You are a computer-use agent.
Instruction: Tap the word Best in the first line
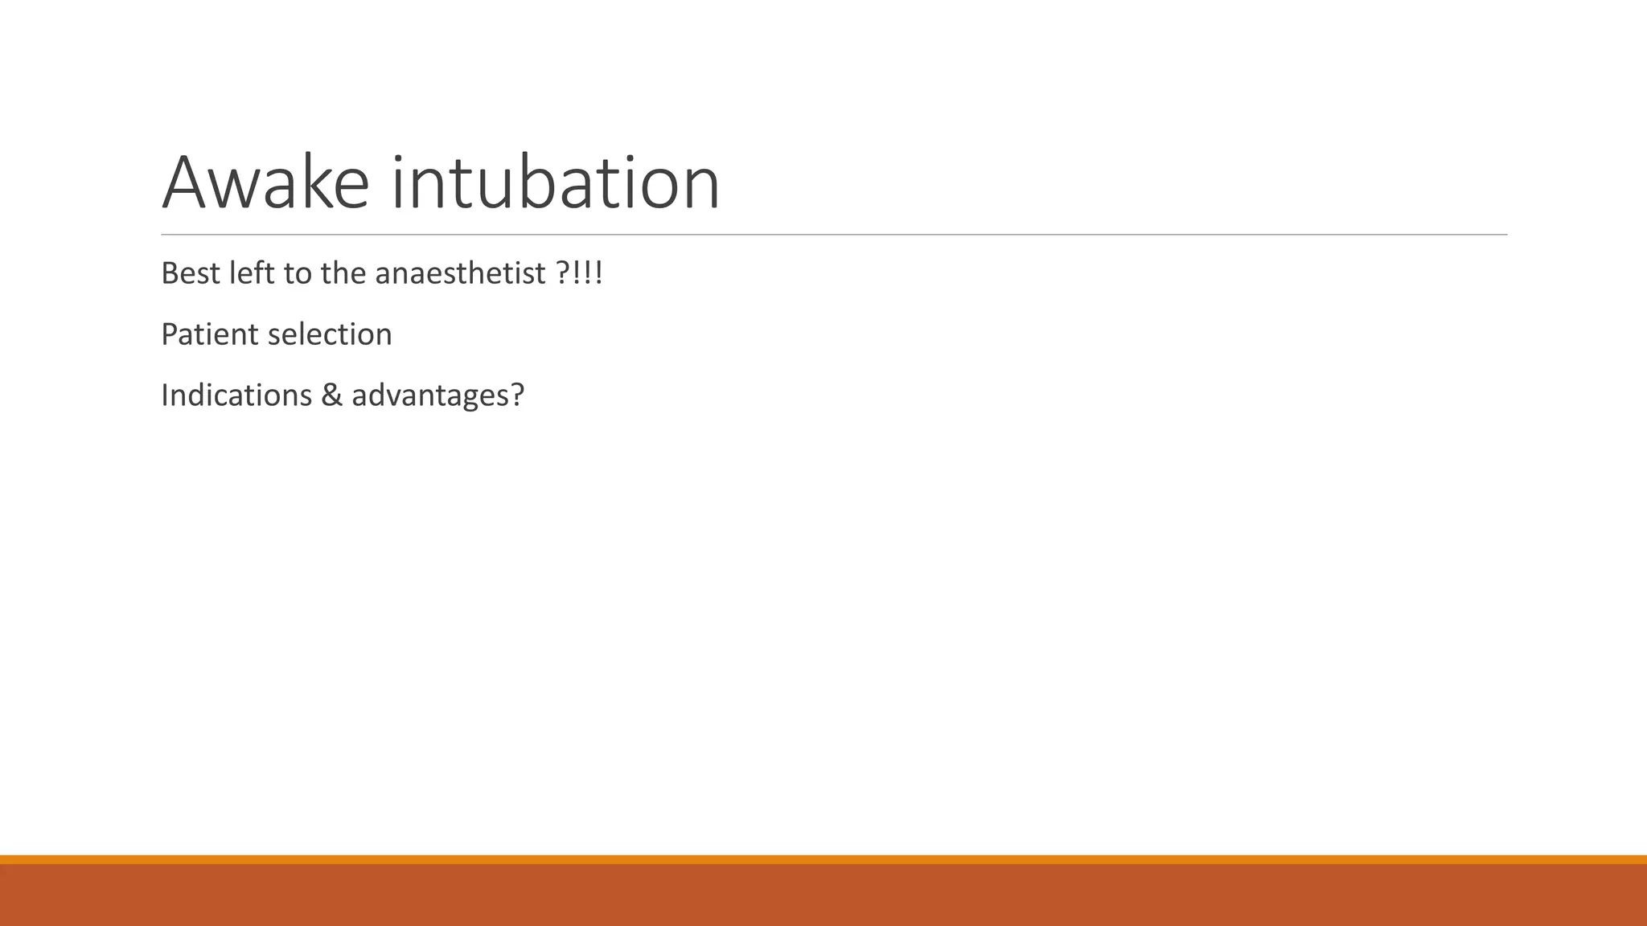tap(191, 273)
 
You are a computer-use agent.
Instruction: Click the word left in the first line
tap(252, 273)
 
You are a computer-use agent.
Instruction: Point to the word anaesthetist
tap(461, 273)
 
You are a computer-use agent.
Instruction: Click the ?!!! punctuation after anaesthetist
tap(580, 273)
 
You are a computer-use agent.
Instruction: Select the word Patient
tap(209, 334)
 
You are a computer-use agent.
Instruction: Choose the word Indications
tap(236, 395)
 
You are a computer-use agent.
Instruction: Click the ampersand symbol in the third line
tap(331, 395)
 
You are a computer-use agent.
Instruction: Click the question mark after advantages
tap(516, 395)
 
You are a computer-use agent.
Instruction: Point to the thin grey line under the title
tap(834, 235)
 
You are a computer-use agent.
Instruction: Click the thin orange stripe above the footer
tap(823, 859)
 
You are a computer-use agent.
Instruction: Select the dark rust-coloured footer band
tap(823, 895)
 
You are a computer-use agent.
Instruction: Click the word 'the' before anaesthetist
tap(343, 273)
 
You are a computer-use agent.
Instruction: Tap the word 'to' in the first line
tap(298, 273)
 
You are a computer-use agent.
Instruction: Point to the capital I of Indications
tap(165, 395)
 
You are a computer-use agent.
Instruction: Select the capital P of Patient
tap(169, 334)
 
